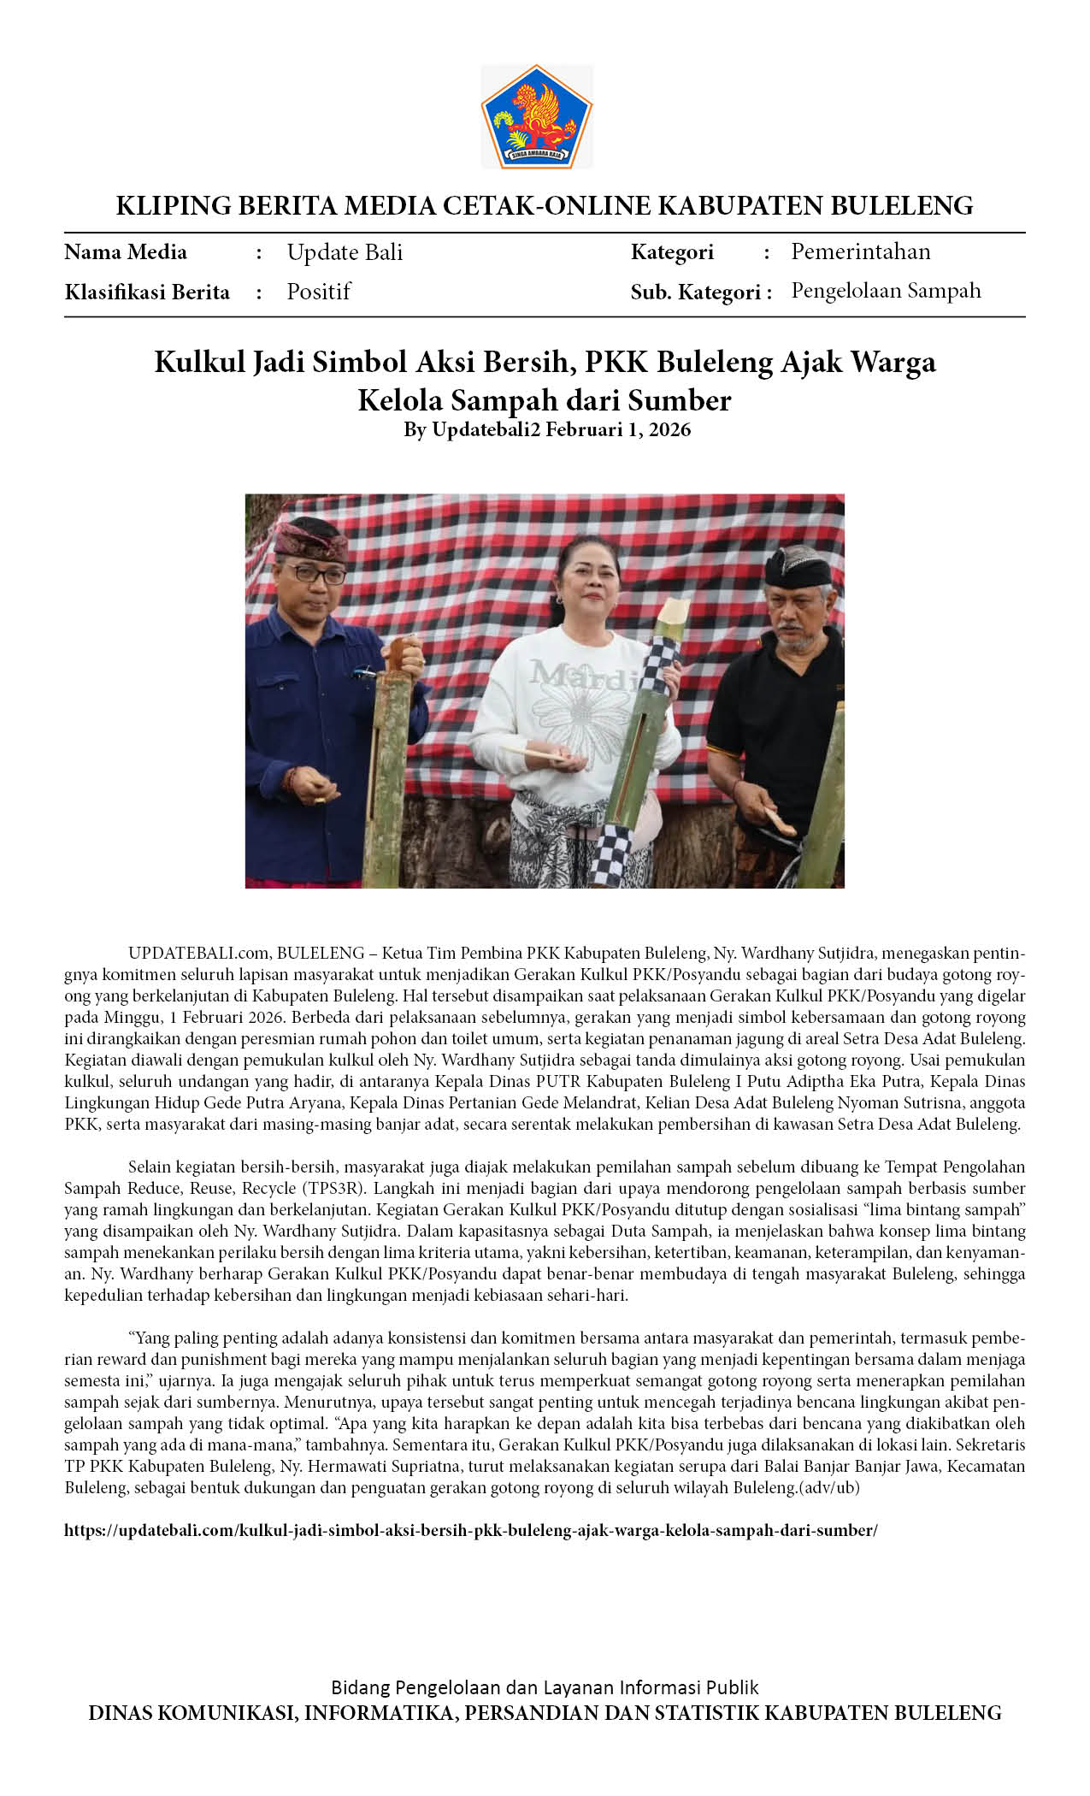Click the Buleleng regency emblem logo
tap(537, 116)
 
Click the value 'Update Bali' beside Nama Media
tap(345, 252)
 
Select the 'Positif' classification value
tap(318, 292)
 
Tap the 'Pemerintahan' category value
tap(860, 251)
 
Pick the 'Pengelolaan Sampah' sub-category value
tap(886, 291)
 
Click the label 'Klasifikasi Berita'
tap(147, 292)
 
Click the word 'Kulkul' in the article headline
tap(198, 363)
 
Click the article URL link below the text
tap(471, 1530)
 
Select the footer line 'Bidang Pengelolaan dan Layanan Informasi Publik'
tap(545, 1687)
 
